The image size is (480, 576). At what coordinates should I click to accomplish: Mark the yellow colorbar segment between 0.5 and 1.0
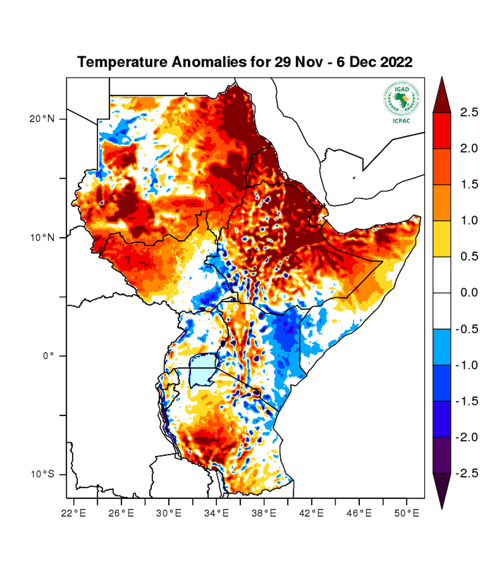[x=442, y=239]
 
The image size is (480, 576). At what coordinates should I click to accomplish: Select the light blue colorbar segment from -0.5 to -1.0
[x=442, y=347]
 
